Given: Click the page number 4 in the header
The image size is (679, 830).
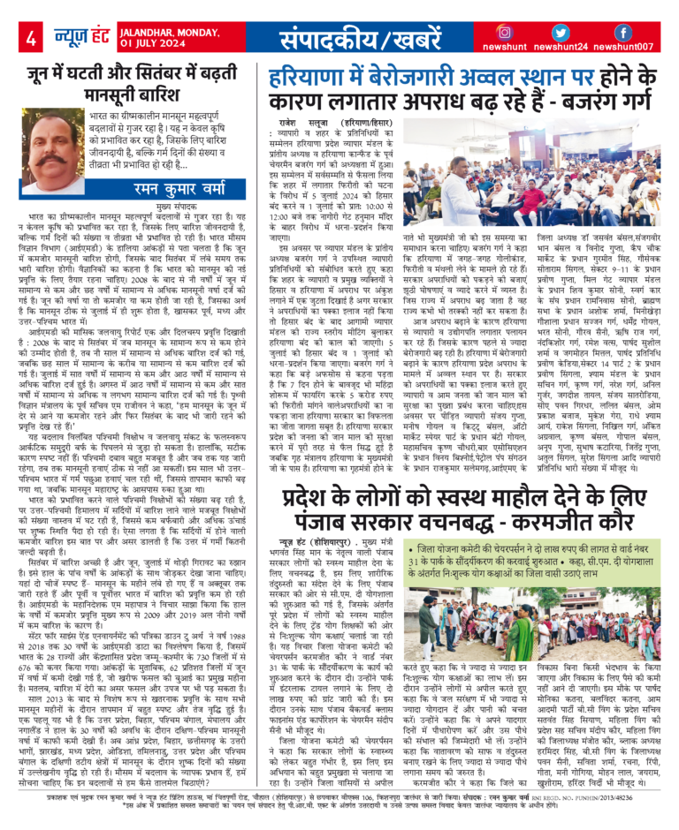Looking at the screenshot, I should [30, 39].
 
